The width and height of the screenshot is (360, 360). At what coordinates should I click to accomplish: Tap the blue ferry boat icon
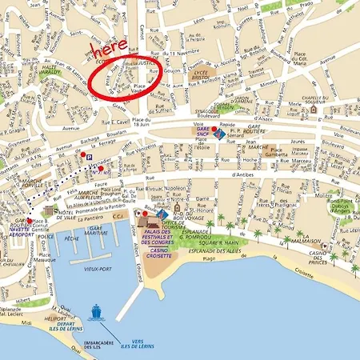click(x=97, y=310)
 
